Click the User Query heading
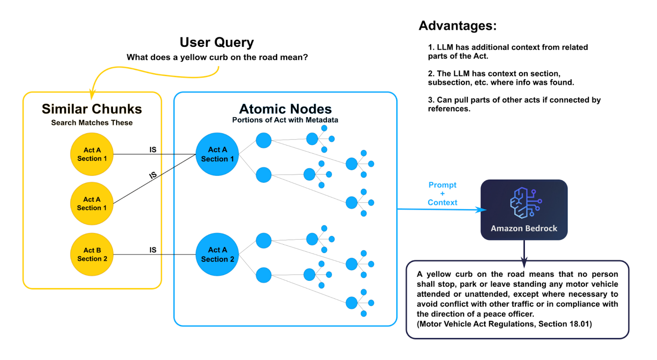click(217, 42)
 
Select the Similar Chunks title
click(92, 109)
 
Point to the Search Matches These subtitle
click(92, 123)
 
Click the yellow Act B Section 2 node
click(92, 255)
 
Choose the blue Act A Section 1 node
click(217, 154)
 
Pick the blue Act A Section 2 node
click(217, 255)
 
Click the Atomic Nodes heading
click(285, 109)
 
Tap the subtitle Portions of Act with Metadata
click(285, 120)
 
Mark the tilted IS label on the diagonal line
click(153, 175)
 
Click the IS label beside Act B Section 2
click(153, 250)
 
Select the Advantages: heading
click(457, 26)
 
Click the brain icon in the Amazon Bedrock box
click(524, 203)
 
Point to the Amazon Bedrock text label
click(524, 229)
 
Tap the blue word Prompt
click(442, 185)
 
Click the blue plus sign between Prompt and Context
click(442, 194)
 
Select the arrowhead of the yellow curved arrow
click(93, 96)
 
